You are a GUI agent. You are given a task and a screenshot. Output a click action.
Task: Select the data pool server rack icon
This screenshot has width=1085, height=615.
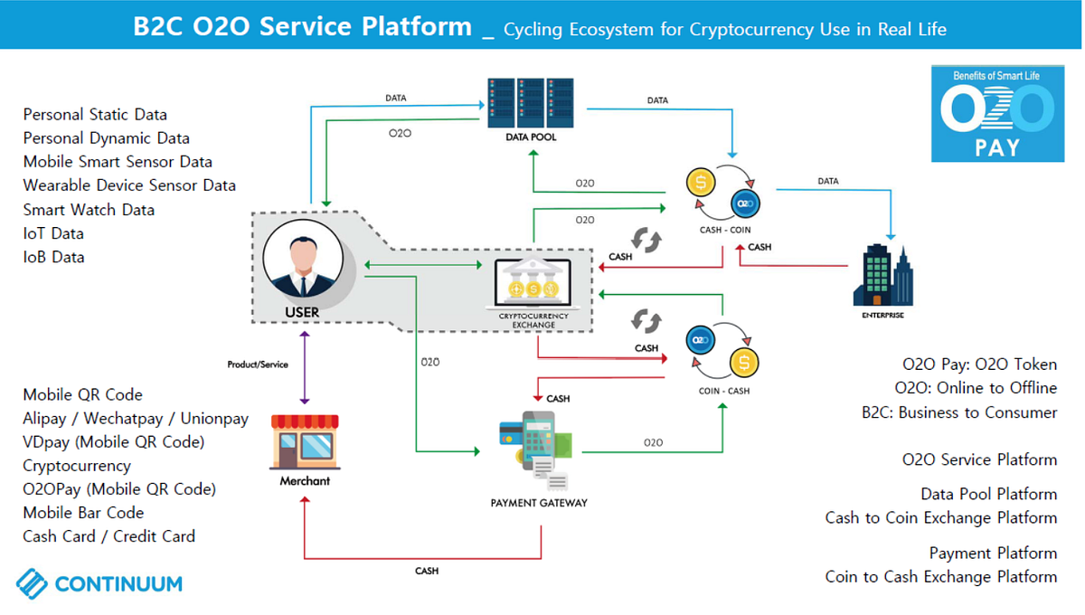click(x=531, y=101)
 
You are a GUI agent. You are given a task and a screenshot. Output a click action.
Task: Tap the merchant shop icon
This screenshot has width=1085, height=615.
click(x=305, y=441)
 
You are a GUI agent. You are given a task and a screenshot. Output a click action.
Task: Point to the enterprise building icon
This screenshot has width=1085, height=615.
click(x=882, y=276)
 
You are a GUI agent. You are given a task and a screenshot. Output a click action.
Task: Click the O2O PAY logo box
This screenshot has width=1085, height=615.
click(x=997, y=114)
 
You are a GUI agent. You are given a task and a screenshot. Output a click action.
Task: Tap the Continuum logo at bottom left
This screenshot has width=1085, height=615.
click(x=99, y=583)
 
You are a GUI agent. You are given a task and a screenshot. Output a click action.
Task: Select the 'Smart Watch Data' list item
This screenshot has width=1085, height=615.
click(x=89, y=210)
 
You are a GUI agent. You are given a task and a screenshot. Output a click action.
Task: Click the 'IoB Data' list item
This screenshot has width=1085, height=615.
click(x=53, y=257)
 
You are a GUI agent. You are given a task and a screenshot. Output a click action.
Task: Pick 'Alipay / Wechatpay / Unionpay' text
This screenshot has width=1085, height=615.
click(x=136, y=419)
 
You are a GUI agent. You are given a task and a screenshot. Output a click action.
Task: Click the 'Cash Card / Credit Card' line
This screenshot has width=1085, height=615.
click(x=108, y=536)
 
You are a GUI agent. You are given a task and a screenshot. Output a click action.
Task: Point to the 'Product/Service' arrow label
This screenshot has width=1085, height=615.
click(x=258, y=364)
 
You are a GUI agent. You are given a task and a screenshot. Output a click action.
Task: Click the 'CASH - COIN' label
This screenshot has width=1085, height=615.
click(x=724, y=230)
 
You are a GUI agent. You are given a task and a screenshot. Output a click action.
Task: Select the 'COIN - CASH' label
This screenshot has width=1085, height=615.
click(x=724, y=391)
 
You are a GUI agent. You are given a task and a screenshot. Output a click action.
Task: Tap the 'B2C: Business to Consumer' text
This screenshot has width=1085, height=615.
click(x=958, y=412)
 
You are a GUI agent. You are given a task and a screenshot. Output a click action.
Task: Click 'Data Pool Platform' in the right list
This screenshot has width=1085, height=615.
click(x=988, y=494)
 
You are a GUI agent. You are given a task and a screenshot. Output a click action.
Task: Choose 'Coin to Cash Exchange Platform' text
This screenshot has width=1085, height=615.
click(x=940, y=576)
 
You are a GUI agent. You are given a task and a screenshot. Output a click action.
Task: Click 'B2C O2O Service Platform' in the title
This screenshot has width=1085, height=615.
click(x=302, y=26)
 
